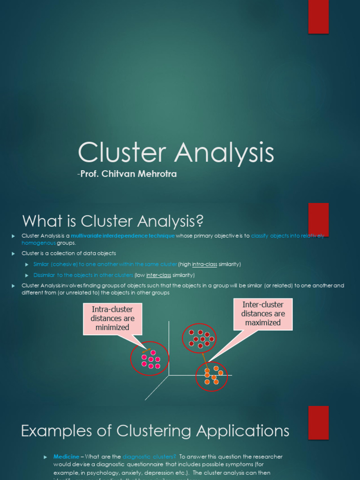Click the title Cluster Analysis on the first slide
tap(176, 153)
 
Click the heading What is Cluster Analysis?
tap(113, 221)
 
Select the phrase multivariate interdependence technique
tap(123, 236)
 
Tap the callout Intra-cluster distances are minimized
tap(112, 318)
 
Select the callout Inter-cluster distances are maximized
tap(263, 314)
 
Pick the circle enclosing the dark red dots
tap(199, 337)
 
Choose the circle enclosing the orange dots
tap(211, 376)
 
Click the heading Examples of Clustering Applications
tap(155, 430)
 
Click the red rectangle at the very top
tap(318, 17)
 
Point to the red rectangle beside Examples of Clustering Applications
tap(318, 422)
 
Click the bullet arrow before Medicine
tap(45, 457)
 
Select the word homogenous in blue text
tap(38, 243)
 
